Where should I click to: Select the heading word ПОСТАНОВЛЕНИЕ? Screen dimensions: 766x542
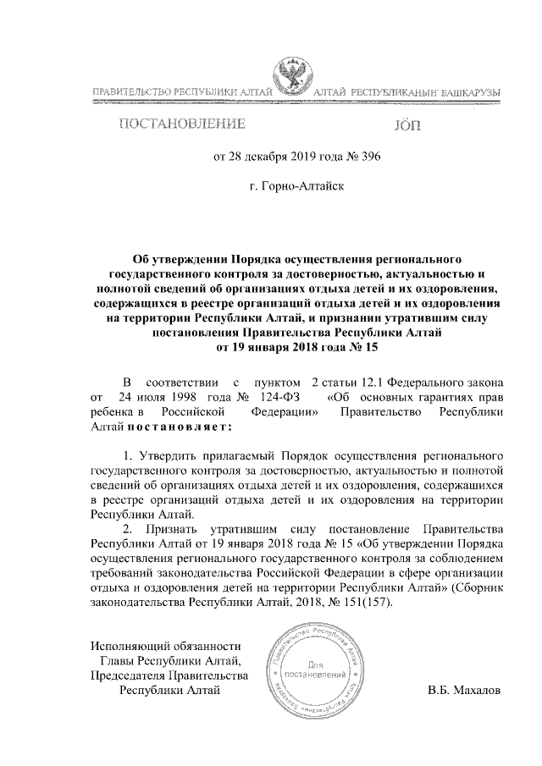[x=182, y=125]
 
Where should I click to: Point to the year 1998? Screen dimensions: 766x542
[x=180, y=395]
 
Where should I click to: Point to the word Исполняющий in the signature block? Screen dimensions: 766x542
[x=129, y=645]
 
